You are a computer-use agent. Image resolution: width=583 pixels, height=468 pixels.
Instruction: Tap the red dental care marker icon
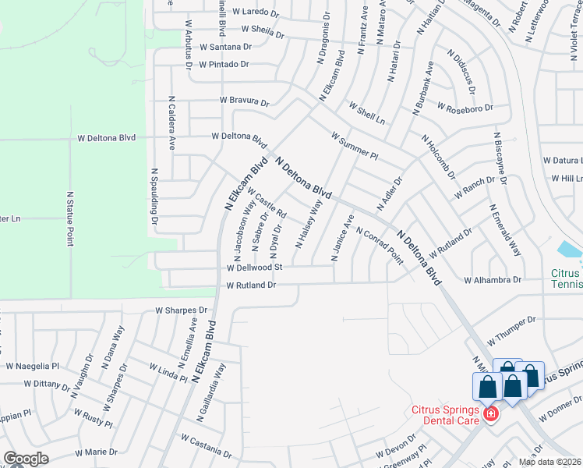click(x=490, y=414)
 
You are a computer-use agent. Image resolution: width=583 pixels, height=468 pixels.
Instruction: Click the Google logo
click(x=26, y=458)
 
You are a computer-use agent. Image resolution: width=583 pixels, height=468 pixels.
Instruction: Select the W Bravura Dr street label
click(x=244, y=101)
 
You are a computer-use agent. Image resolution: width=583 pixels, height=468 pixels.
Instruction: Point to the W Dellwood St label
click(x=253, y=267)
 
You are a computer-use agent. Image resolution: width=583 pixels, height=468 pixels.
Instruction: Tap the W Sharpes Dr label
click(x=182, y=310)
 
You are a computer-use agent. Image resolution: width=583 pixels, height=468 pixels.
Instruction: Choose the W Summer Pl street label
click(x=354, y=145)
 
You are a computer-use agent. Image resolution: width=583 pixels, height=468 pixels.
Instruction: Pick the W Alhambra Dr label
click(x=492, y=279)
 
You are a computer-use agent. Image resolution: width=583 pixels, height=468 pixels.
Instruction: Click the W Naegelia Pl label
click(x=32, y=365)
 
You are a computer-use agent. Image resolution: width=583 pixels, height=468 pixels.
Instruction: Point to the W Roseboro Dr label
click(x=465, y=107)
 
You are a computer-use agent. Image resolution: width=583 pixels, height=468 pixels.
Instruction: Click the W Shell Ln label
click(x=366, y=113)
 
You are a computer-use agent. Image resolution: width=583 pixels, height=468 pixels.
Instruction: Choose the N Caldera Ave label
click(x=171, y=124)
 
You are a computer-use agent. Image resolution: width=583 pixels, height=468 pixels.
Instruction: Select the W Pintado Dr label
click(x=223, y=64)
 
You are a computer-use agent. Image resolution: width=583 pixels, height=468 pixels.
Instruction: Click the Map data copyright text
click(x=549, y=462)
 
